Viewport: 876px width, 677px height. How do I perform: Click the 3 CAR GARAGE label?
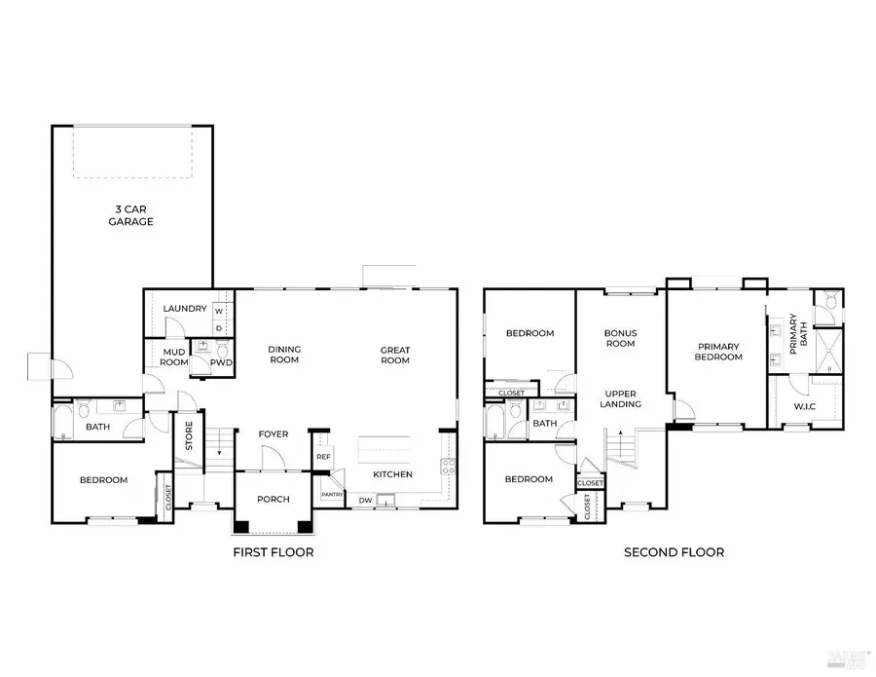[131, 215]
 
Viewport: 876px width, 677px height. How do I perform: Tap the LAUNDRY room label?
[185, 309]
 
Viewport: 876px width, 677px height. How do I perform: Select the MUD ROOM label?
[174, 356]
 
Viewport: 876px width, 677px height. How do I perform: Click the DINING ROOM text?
[285, 355]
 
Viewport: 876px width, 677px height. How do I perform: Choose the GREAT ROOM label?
[394, 355]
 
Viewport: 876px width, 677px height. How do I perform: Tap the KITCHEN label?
[393, 474]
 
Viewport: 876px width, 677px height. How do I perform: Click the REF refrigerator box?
[323, 455]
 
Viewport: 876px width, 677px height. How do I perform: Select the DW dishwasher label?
[365, 501]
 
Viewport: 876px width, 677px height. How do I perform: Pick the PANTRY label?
[331, 495]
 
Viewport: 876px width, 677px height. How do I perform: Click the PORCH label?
[274, 500]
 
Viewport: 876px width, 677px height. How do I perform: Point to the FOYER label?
[274, 434]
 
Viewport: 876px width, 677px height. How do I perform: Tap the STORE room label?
[189, 434]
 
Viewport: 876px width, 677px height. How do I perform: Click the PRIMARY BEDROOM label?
[718, 352]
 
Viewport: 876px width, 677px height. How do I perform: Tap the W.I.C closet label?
[804, 407]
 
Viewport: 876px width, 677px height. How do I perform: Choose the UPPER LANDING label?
[620, 397]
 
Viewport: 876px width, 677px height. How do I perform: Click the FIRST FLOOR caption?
[273, 552]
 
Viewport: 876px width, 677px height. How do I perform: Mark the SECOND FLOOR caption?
[674, 552]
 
